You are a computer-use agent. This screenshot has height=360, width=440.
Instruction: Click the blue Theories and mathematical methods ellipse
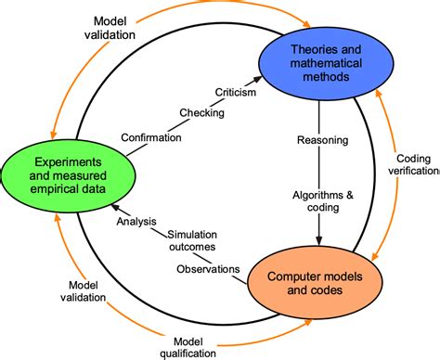(318, 64)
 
